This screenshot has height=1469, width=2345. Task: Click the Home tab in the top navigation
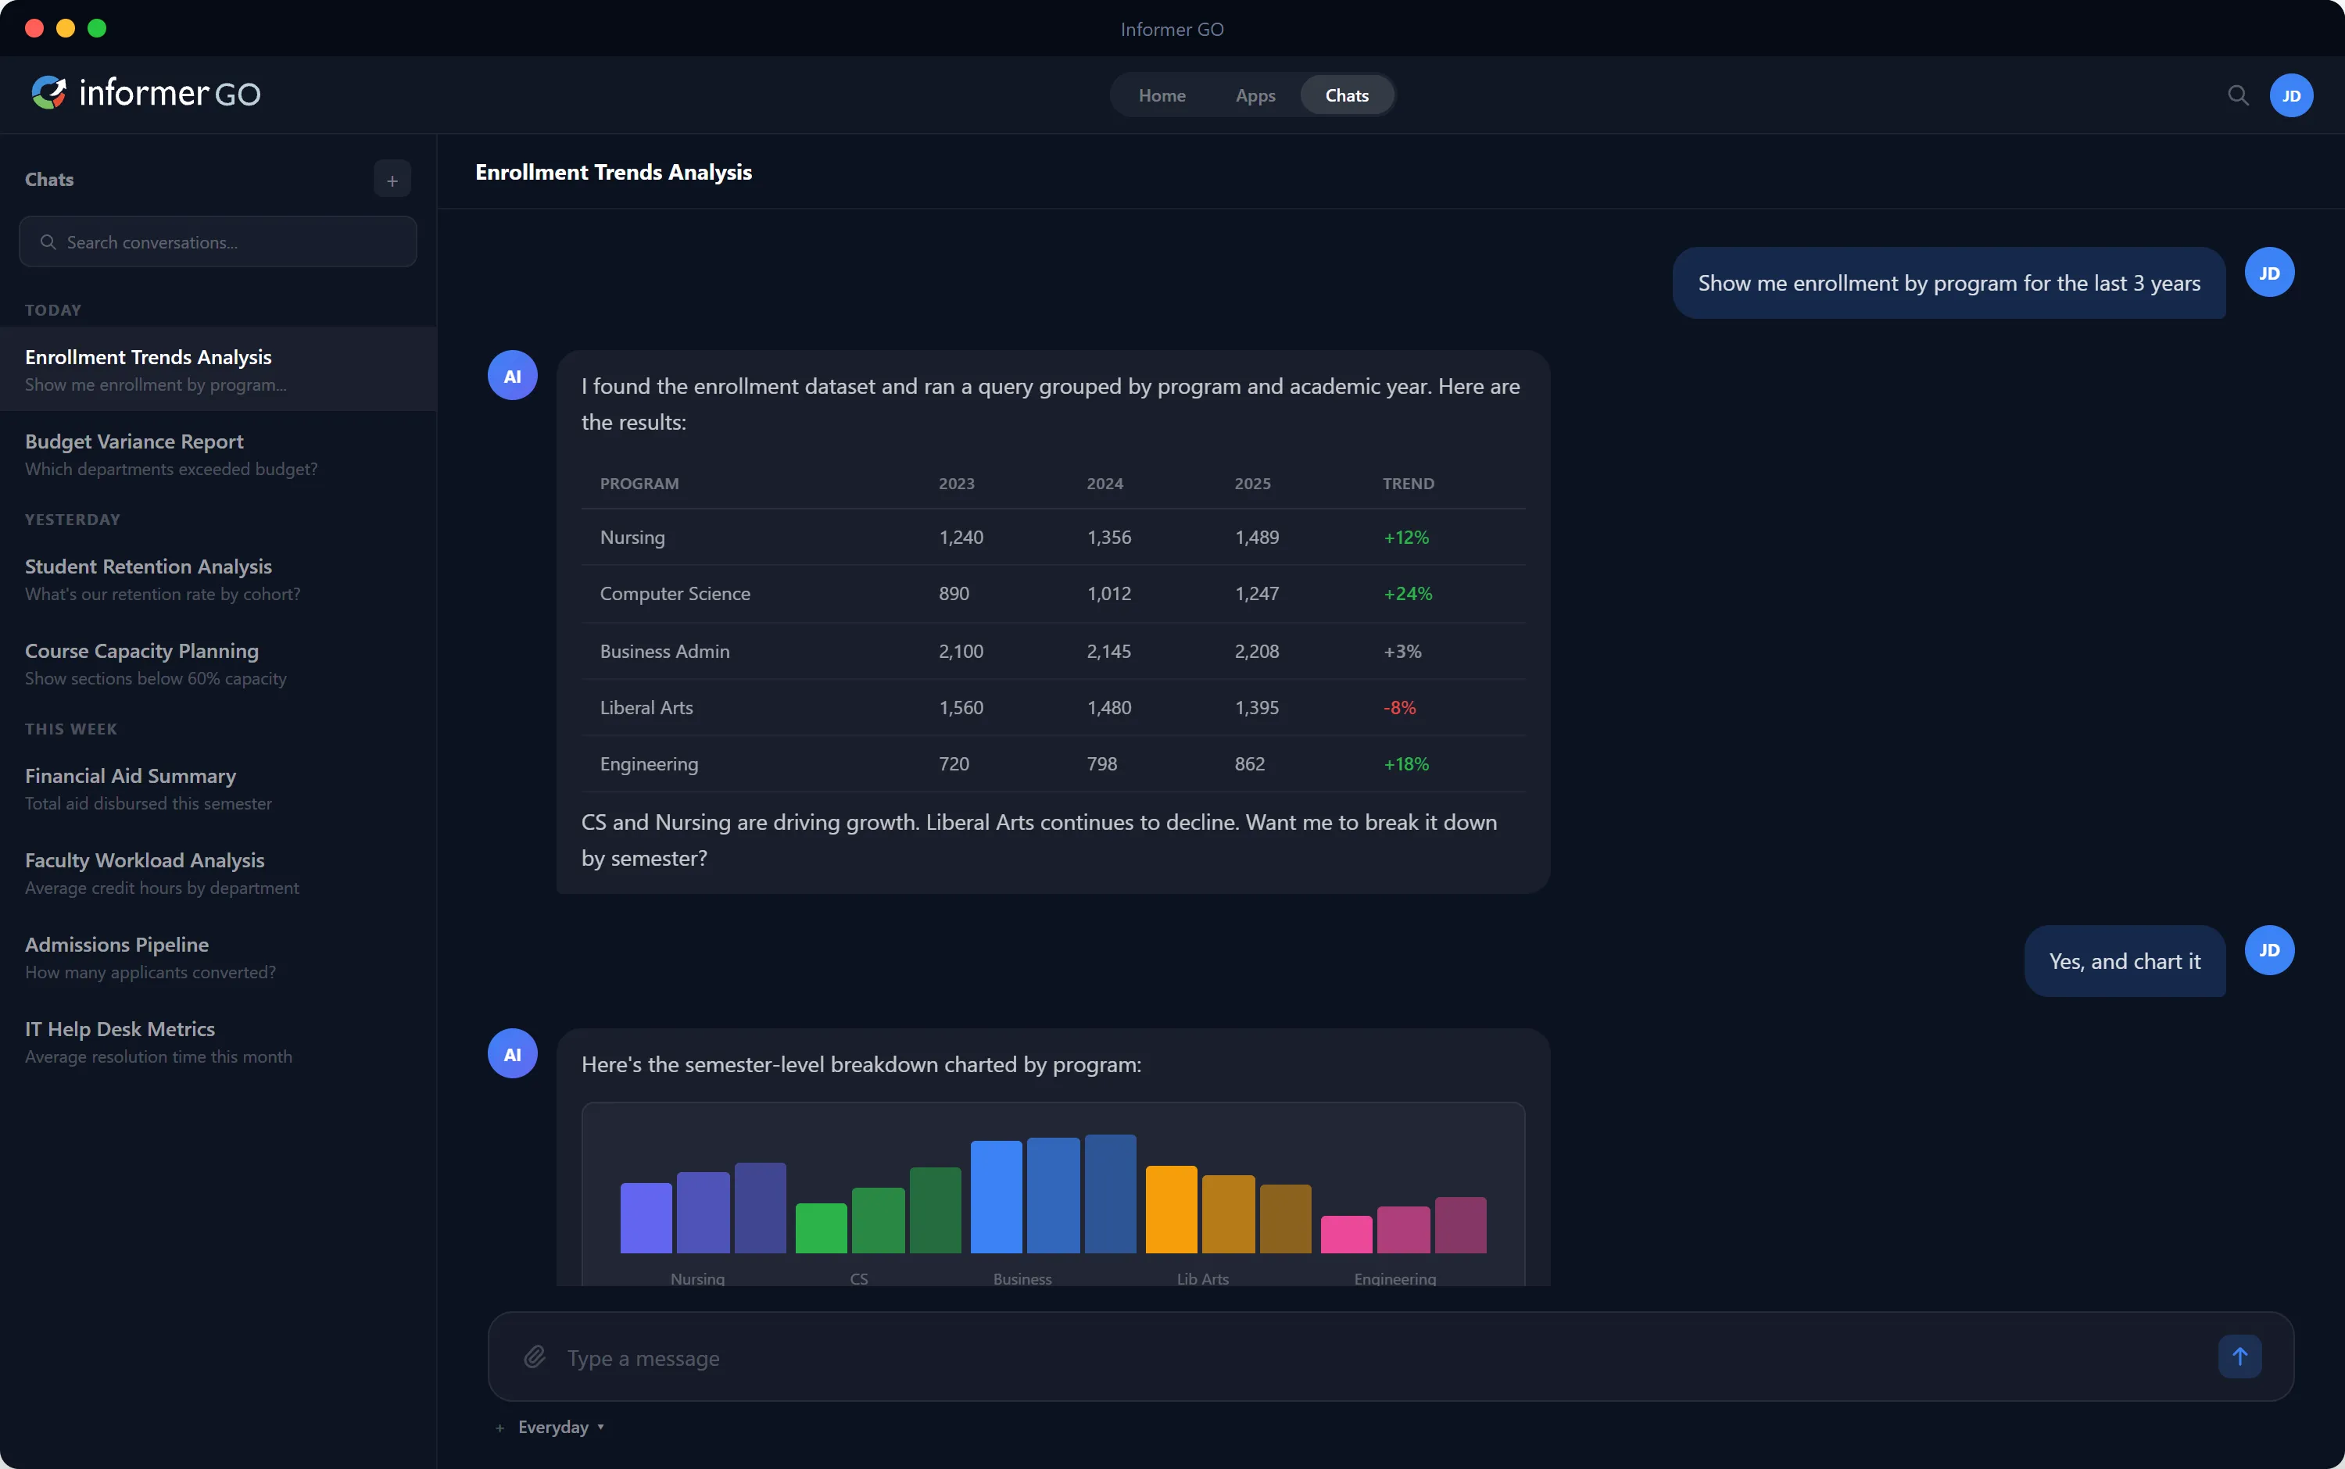1162,95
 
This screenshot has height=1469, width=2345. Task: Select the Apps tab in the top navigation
1255,95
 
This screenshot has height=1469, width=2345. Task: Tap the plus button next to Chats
392,180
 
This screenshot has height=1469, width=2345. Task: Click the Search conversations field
217,242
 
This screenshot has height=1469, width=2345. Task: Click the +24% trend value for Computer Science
1407,594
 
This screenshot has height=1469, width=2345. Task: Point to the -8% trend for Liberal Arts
1399,707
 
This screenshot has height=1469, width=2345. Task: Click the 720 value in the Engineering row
954,763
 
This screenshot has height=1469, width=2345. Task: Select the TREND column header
1407,484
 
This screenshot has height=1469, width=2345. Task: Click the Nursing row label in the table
632,538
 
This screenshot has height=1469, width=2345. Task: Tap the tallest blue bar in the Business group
1110,1194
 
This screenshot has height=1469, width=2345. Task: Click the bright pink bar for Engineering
1346,1234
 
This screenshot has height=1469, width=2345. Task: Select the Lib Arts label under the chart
1202,1278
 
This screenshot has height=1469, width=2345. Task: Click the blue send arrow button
2239,1356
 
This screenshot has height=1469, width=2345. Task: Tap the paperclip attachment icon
535,1356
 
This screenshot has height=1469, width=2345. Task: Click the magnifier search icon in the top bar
2237,95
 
